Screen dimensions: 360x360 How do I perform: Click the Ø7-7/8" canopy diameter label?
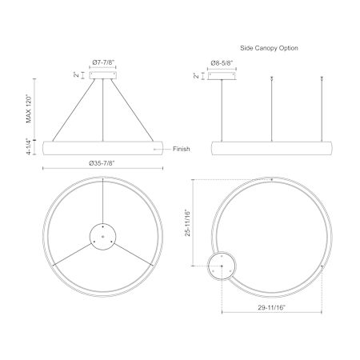pyautogui.click(x=103, y=63)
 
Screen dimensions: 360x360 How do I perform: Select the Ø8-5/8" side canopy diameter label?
pyautogui.click(x=222, y=63)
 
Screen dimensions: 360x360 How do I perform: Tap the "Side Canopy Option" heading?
pyautogui.click(x=269, y=48)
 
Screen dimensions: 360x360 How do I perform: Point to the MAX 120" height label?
pyautogui.click(x=29, y=109)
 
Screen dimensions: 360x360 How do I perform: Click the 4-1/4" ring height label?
pyautogui.click(x=29, y=146)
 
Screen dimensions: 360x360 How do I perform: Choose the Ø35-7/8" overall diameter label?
pyautogui.click(x=102, y=163)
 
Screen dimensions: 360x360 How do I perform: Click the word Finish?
pyautogui.click(x=182, y=149)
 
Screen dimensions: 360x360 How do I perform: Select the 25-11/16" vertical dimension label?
pyautogui.click(x=188, y=223)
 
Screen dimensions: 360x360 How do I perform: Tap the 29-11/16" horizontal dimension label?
pyautogui.click(x=271, y=307)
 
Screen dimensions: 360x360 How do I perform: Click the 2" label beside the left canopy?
pyautogui.click(x=77, y=75)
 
